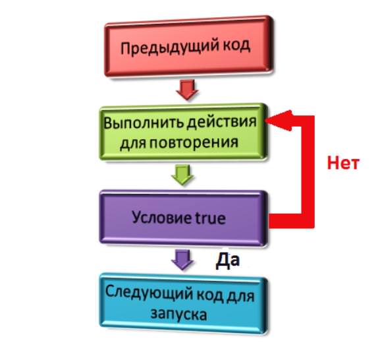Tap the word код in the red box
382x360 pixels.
click(236, 45)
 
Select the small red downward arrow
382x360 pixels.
click(187, 89)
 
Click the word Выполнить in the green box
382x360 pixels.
click(144, 123)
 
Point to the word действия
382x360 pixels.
click(221, 121)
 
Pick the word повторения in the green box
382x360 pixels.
click(194, 143)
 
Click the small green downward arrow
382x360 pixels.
click(182, 174)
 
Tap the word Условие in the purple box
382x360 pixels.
click(159, 217)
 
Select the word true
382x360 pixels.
click(207, 218)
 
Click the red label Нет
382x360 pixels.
click(343, 163)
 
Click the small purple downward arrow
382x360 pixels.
click(182, 260)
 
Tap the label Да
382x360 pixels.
click(227, 260)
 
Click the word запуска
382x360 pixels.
click(178, 314)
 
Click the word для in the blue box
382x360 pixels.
click(240, 296)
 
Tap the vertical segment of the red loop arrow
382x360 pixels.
click(308, 171)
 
